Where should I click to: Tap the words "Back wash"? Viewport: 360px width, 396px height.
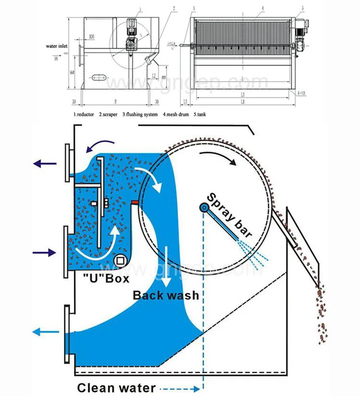coord(166,294)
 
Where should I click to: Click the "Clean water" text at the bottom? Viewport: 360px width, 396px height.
coord(116,388)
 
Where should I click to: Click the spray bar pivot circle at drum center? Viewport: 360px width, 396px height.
coord(204,207)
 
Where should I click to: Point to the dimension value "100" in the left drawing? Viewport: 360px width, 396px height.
coord(91,37)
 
